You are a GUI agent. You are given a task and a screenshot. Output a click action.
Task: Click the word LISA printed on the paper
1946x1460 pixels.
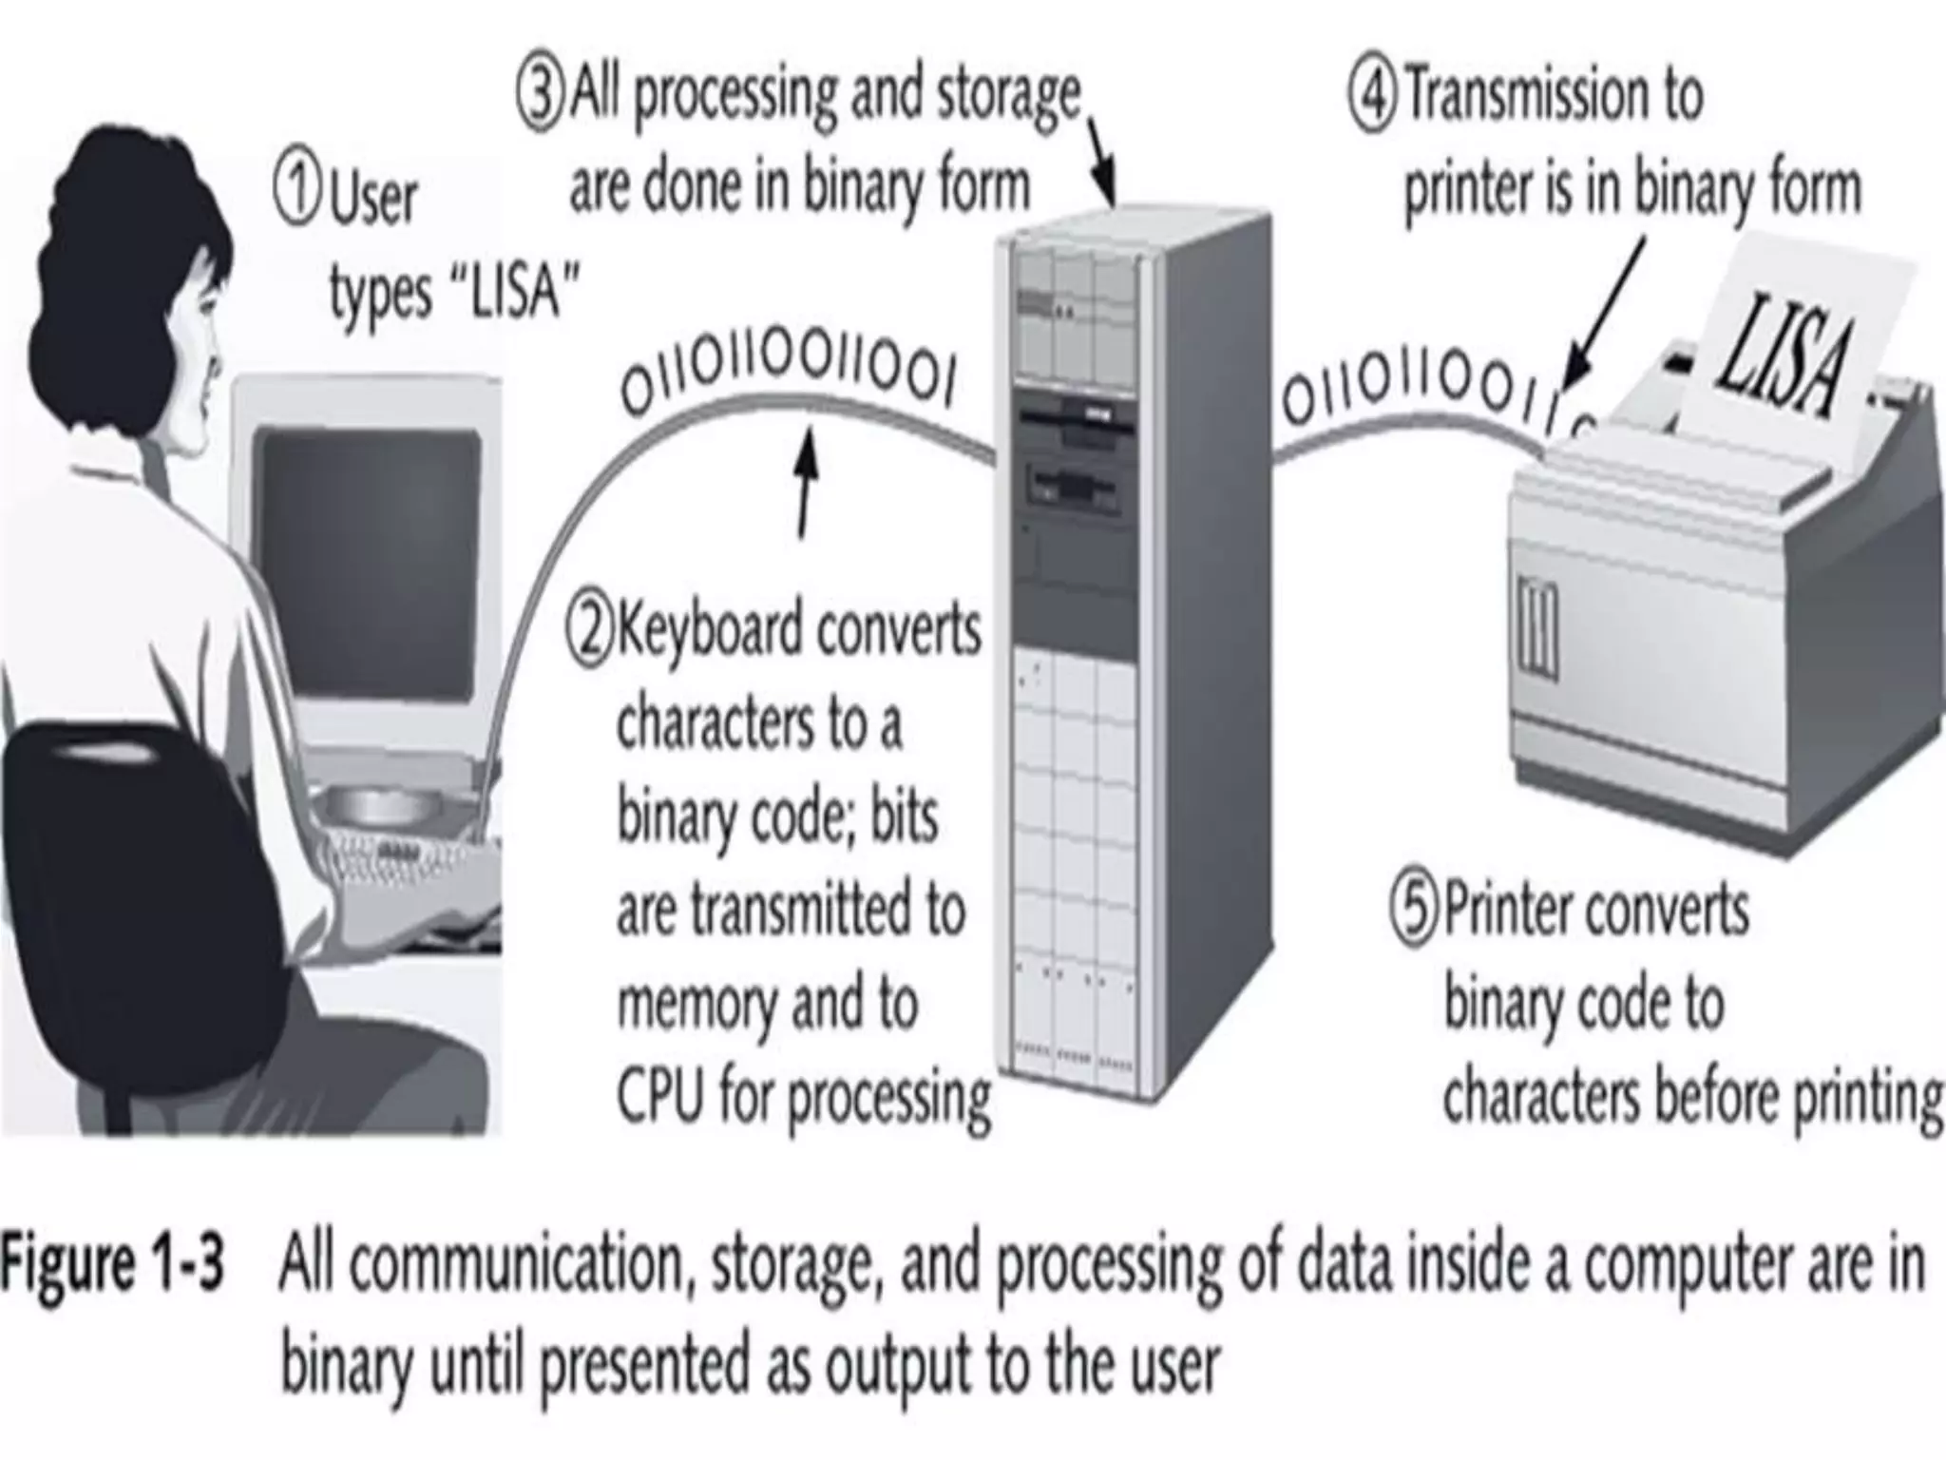tap(1784, 356)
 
